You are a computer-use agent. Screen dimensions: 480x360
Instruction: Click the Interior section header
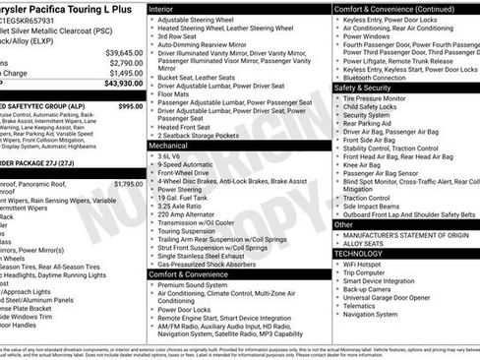pyautogui.click(x=163, y=8)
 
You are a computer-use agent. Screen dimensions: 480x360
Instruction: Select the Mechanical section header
pyautogui.click(x=170, y=144)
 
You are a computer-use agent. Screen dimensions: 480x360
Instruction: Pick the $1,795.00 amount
pyautogui.click(x=128, y=183)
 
